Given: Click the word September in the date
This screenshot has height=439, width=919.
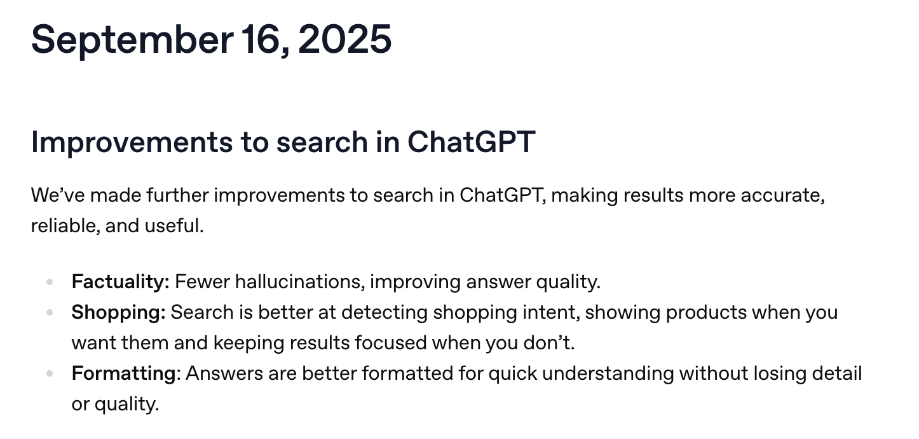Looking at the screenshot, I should [132, 39].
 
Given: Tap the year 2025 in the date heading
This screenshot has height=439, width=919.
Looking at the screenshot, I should [344, 39].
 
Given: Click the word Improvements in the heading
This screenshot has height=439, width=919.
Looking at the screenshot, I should [132, 142].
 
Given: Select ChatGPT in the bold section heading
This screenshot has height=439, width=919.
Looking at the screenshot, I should [471, 142].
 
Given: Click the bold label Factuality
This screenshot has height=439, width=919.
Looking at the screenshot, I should [119, 281].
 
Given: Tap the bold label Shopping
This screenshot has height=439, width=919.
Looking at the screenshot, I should [118, 312].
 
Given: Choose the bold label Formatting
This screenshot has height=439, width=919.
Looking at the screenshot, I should [123, 373].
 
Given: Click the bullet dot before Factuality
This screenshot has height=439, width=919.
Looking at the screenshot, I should [50, 282].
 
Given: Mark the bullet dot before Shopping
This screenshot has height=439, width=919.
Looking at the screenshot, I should [50, 312].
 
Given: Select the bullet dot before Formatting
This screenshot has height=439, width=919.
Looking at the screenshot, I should [50, 373].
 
